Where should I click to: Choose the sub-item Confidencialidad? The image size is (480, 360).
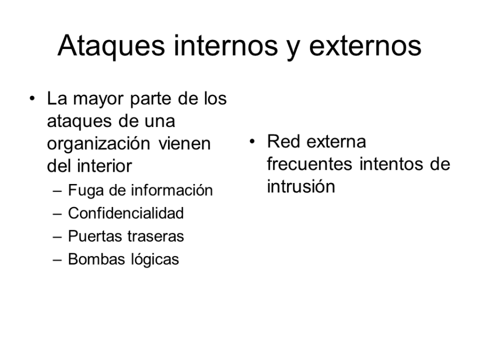(126, 213)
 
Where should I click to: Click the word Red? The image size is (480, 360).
(279, 142)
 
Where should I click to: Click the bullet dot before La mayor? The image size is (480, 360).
(34, 99)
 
